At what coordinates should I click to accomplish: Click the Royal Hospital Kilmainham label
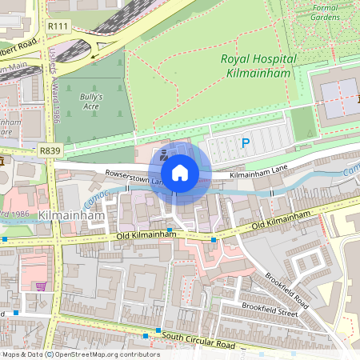point(258,66)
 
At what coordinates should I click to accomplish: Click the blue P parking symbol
point(246,144)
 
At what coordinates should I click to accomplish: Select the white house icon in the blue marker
point(180,173)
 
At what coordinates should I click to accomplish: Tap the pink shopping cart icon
point(40,286)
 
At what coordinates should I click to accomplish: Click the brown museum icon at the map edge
point(2,162)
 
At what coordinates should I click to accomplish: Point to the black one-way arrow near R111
point(94,56)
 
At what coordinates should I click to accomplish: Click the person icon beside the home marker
point(163,155)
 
